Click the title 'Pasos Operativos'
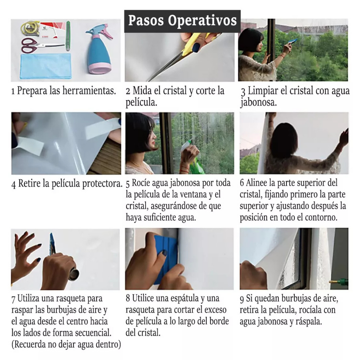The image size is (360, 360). coord(182,20)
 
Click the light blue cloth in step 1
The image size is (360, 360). coord(45,66)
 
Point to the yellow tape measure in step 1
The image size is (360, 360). coord(30,28)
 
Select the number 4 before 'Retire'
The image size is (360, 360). coord(13,184)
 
